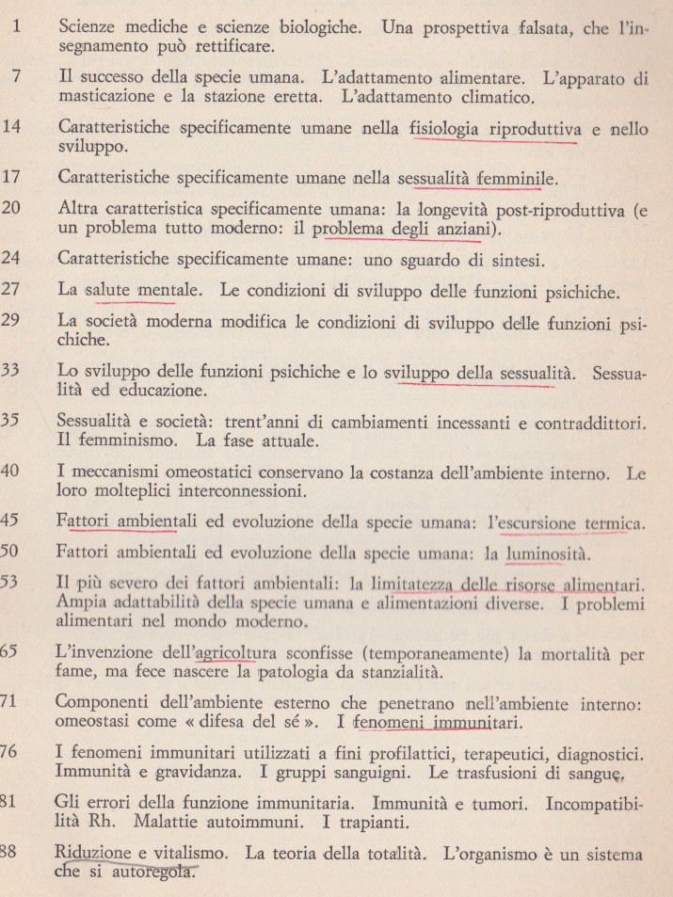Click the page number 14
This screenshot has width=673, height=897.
pos(12,127)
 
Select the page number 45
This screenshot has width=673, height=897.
pos(12,520)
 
